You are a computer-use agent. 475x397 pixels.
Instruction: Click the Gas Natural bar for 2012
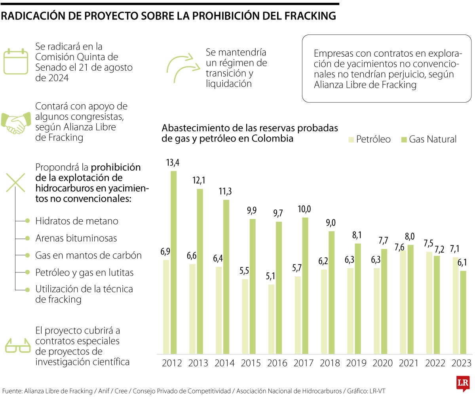[173, 262]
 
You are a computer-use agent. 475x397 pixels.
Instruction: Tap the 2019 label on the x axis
[357, 363]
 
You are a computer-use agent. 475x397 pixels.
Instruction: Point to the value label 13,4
[173, 162]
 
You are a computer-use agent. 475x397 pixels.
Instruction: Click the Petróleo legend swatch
[350, 139]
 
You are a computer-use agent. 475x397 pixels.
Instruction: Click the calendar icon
[16, 62]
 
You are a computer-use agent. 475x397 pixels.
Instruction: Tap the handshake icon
[16, 123]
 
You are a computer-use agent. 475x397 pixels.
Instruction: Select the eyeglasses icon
[17, 345]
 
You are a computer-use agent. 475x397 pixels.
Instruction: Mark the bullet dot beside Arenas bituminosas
[27, 238]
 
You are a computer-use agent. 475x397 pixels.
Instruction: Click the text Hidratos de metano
[77, 221]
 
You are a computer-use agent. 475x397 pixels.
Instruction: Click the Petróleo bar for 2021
[403, 302]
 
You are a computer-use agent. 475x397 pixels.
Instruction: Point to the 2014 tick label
[225, 363]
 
